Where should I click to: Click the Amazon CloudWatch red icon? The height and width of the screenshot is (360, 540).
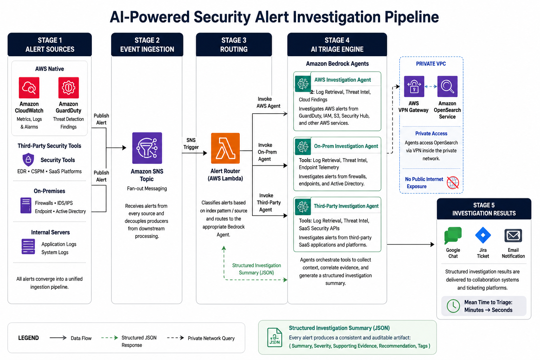click(x=29, y=88)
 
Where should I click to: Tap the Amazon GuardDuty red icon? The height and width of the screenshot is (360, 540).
click(x=69, y=88)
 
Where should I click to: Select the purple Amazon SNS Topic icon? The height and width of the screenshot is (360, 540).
click(x=147, y=148)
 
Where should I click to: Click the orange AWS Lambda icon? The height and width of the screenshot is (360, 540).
click(x=225, y=148)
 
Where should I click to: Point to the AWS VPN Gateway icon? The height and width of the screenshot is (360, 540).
click(x=414, y=86)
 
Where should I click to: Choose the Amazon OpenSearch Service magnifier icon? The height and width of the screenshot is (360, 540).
click(x=447, y=86)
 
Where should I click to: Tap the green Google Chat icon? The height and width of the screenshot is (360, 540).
click(x=453, y=235)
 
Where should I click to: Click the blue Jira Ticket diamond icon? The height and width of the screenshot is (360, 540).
click(x=483, y=235)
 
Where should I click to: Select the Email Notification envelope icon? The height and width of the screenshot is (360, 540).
click(x=513, y=235)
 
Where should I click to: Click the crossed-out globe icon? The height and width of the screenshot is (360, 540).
click(x=453, y=182)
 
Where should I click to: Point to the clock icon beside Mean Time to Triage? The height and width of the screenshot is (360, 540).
click(x=453, y=306)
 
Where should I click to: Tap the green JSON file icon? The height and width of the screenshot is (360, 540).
click(x=275, y=337)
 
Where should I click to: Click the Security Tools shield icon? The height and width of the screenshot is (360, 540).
click(x=28, y=159)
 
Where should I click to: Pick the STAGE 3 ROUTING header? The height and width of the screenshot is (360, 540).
click(x=234, y=45)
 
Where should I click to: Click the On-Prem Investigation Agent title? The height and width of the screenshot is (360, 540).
click(x=346, y=146)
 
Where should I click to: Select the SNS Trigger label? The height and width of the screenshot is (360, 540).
click(x=191, y=144)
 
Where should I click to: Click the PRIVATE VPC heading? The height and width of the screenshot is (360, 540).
click(x=431, y=64)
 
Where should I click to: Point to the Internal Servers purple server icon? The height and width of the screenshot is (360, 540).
click(x=28, y=246)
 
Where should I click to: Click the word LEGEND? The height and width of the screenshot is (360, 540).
click(x=28, y=338)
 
